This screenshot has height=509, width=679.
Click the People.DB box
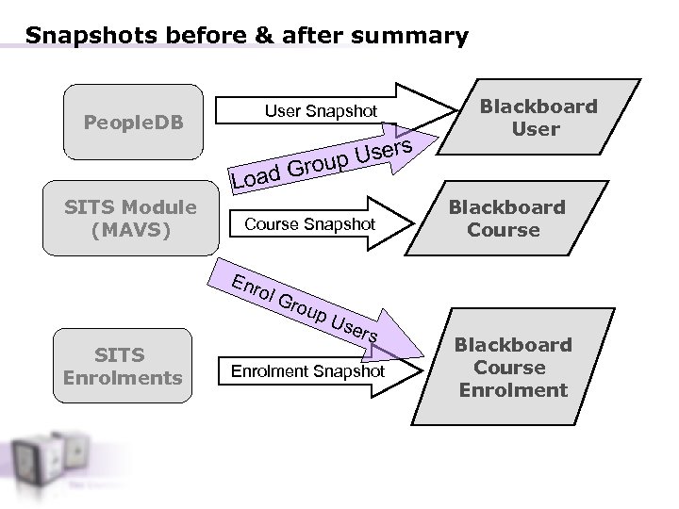133,123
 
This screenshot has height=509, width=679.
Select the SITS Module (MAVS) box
133,218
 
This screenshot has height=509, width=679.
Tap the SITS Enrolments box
121,367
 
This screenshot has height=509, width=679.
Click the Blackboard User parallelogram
534,118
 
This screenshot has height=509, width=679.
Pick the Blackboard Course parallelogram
507,219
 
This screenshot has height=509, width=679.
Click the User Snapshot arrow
321,111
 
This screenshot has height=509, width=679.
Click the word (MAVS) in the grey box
133,229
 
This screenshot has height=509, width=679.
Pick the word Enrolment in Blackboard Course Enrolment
513,390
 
